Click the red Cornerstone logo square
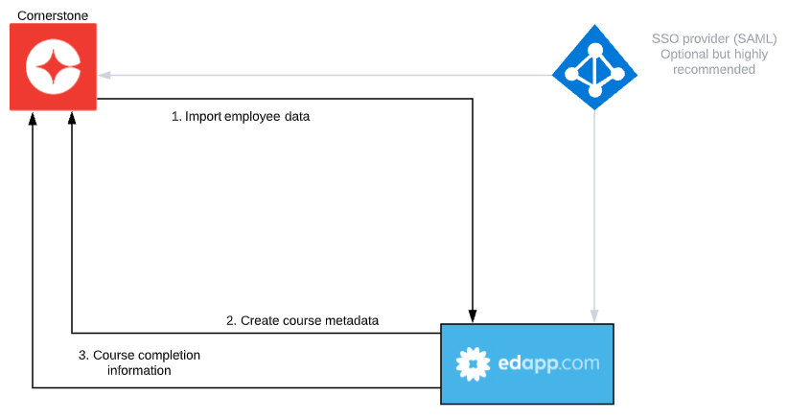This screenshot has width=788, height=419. click(54, 67)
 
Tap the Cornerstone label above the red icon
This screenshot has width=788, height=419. click(53, 15)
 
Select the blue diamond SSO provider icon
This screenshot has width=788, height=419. click(594, 67)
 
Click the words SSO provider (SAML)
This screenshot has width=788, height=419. click(714, 38)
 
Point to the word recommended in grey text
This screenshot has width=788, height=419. click(714, 69)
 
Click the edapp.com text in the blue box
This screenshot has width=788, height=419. click(548, 362)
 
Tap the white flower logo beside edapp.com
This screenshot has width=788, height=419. click(473, 363)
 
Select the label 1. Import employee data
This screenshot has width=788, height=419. click(241, 117)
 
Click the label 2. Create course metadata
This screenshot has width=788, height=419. click(303, 320)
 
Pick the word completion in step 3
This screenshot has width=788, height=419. click(168, 355)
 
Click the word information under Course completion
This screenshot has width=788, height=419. click(139, 370)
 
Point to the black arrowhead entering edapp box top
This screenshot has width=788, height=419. click(473, 316)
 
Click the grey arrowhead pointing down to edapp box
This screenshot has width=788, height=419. click(594, 316)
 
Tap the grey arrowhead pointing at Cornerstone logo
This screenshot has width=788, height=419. click(104, 76)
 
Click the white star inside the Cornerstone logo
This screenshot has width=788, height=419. click(54, 67)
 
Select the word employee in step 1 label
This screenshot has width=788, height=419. click(252, 117)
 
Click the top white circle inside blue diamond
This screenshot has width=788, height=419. click(595, 50)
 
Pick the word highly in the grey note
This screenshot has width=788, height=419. click(752, 55)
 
